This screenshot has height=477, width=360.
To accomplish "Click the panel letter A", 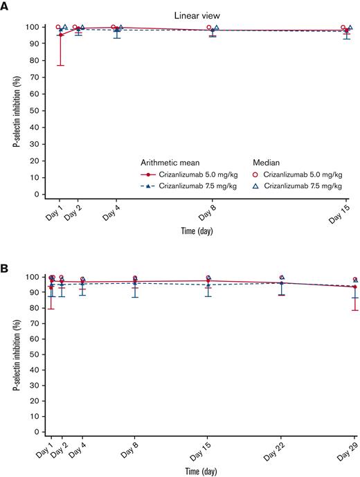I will (x=6, y=6).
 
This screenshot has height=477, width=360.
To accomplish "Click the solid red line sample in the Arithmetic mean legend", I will (x=147, y=174).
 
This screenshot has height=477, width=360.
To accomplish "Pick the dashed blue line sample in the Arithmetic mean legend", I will (x=147, y=186).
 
